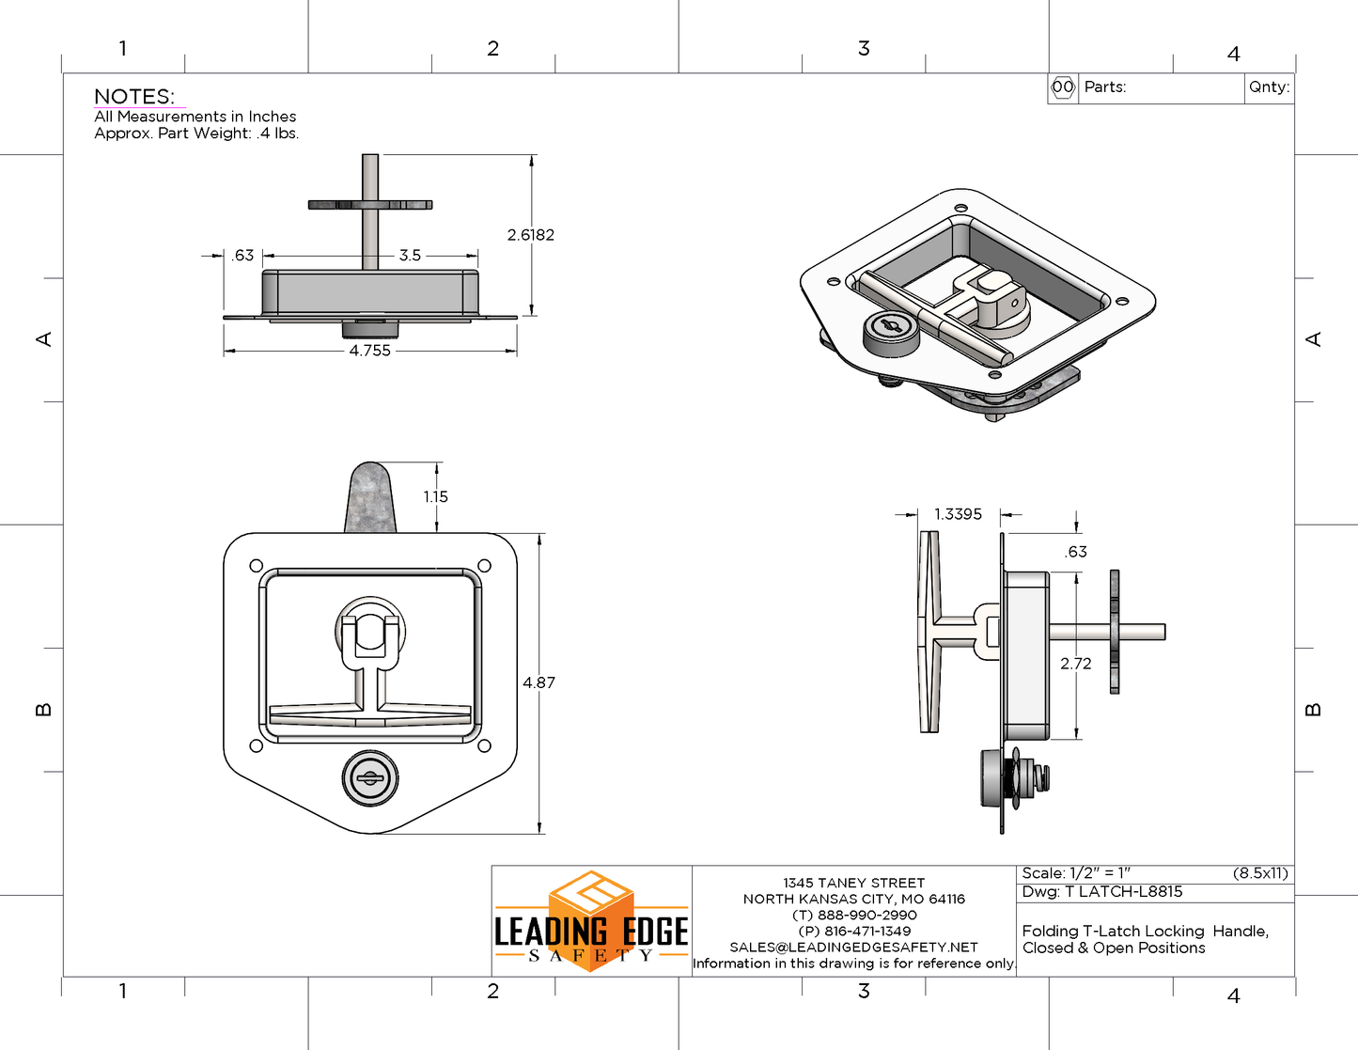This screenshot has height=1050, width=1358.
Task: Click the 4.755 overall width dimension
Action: [x=370, y=351]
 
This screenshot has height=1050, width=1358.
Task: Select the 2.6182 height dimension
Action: [x=530, y=235]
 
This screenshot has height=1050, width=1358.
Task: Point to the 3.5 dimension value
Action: [x=410, y=256]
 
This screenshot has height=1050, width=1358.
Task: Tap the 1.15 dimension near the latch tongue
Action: [x=435, y=497]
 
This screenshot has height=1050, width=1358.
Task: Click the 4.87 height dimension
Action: [x=539, y=682]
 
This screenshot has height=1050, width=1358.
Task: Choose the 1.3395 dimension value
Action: [x=958, y=514]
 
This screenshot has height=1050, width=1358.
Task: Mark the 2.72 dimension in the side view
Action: [x=1075, y=664]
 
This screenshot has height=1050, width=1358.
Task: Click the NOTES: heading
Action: [x=134, y=97]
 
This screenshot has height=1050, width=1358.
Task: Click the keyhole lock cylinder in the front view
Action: [x=370, y=778]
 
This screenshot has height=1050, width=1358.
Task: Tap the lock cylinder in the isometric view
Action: [x=889, y=331]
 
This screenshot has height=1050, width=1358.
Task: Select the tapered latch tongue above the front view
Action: [x=371, y=498]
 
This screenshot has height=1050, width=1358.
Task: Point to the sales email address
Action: [x=853, y=948]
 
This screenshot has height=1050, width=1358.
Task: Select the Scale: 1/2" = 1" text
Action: [x=1076, y=873]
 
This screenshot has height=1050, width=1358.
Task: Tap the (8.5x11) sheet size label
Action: [x=1260, y=873]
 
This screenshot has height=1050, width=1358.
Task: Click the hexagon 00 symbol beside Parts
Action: [x=1063, y=87]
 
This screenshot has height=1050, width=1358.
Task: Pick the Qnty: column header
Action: [x=1269, y=87]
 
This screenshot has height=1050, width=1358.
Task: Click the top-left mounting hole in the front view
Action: [x=257, y=566]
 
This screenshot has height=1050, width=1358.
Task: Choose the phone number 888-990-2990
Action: [x=854, y=916]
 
